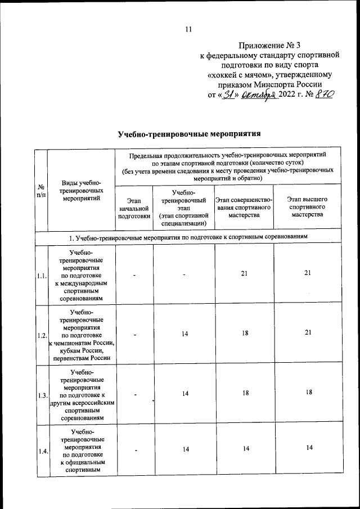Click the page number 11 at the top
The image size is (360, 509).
click(x=188, y=29)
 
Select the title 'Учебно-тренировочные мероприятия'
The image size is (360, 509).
click(x=189, y=134)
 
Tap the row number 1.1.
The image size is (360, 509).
click(x=41, y=276)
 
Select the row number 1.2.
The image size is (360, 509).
click(x=41, y=335)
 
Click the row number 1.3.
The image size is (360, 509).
click(x=41, y=395)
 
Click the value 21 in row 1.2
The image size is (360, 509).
click(x=307, y=333)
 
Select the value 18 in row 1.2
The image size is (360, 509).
click(x=245, y=333)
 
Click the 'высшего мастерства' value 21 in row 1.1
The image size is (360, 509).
click(x=307, y=273)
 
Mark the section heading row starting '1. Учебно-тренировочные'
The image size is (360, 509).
click(x=188, y=237)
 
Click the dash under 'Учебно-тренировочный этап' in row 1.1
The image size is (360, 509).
click(x=184, y=275)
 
